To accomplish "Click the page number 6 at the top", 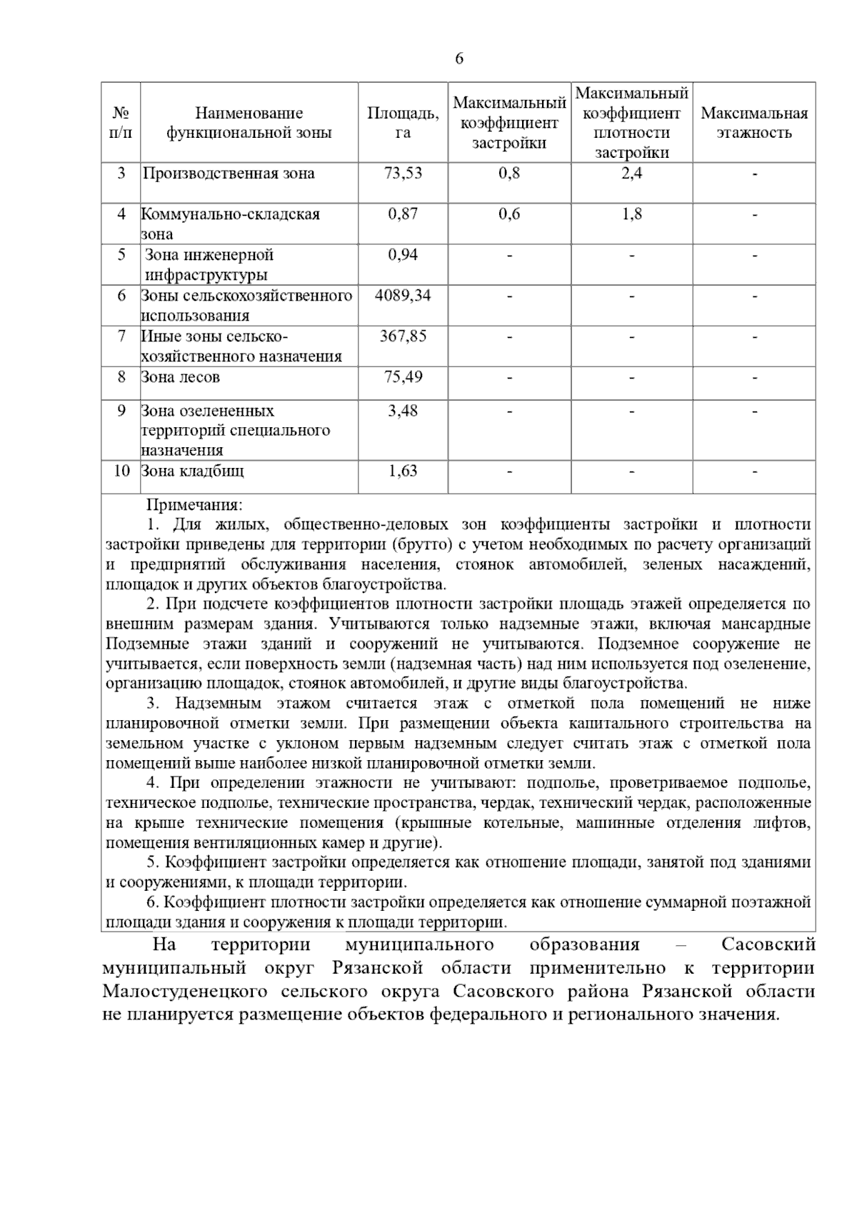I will tap(458, 59).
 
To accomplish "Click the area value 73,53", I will tap(403, 174).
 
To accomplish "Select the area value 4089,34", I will tap(403, 295).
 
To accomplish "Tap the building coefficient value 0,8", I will tap(509, 174).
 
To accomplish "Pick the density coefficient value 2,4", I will tap(631, 174).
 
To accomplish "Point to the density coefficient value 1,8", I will tap(631, 214).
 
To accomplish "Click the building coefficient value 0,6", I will tap(509, 214).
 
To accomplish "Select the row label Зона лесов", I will tap(181, 377).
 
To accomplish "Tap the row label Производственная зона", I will tap(229, 174).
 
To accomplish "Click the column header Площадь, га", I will tap(403, 123).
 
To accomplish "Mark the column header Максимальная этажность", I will tap(754, 123).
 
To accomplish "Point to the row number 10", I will tap(121, 471).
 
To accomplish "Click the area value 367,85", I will tap(403, 336).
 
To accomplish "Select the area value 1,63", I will tap(403, 471).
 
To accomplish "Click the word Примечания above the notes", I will tap(194, 505).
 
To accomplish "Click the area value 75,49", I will tap(403, 377).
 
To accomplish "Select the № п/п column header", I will tap(121, 123).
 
